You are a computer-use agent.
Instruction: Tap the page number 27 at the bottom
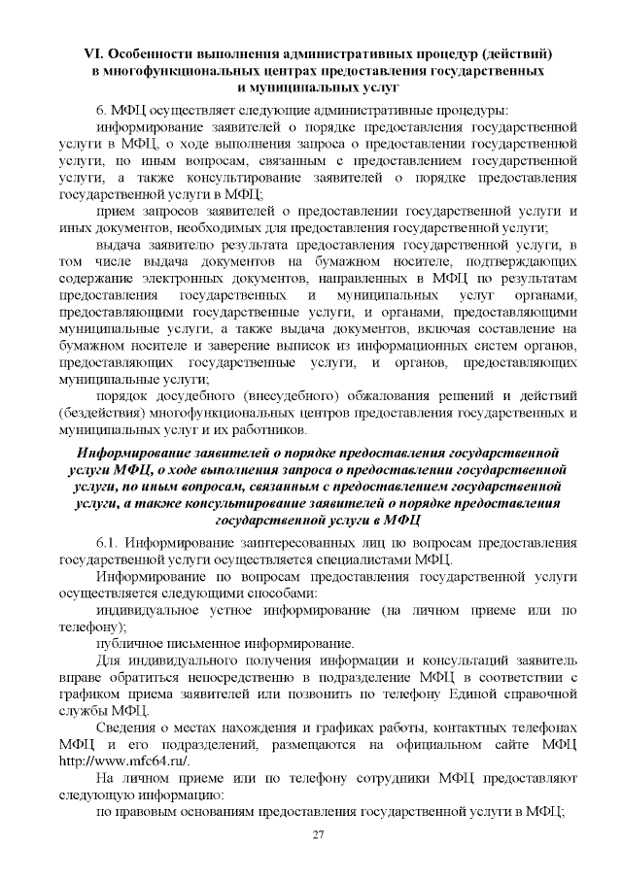(x=317, y=836)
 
